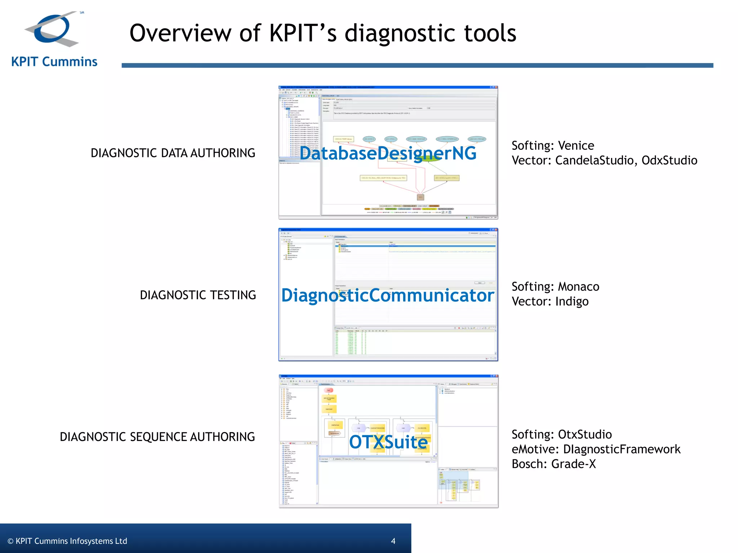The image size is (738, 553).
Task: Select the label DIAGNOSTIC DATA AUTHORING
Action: (173, 153)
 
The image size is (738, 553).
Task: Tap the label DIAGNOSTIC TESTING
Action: (198, 295)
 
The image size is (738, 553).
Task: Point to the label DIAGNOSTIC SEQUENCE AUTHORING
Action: (157, 437)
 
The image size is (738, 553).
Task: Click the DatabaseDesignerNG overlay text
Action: (388, 153)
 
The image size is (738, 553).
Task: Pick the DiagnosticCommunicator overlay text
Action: (388, 296)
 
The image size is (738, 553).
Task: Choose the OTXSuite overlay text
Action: (388, 442)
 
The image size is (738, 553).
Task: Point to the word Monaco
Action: (578, 287)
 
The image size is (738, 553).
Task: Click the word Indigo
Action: (572, 301)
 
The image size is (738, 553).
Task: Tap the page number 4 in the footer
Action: (393, 541)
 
